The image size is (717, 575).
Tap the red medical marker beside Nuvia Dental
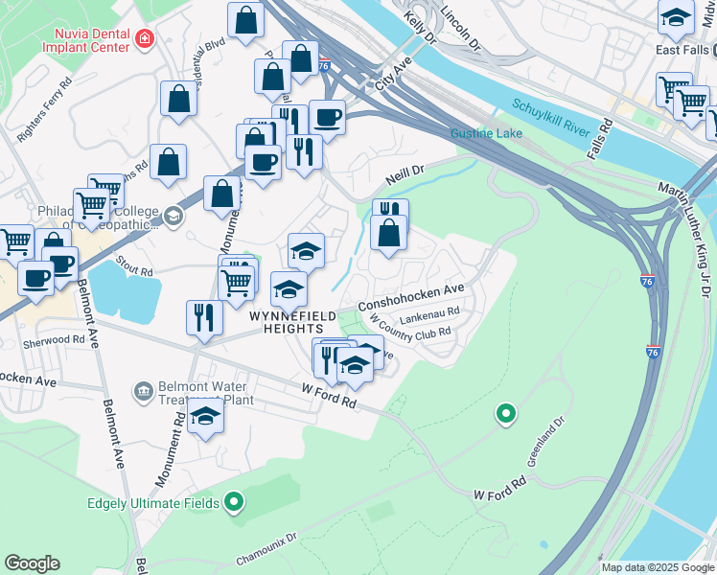pos(144,38)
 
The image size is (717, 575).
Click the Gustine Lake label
pos(487,132)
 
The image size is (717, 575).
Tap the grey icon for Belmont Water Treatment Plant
pos(144,390)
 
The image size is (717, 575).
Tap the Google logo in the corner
pos(32,563)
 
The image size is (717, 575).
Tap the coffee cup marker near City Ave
pos(327,117)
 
